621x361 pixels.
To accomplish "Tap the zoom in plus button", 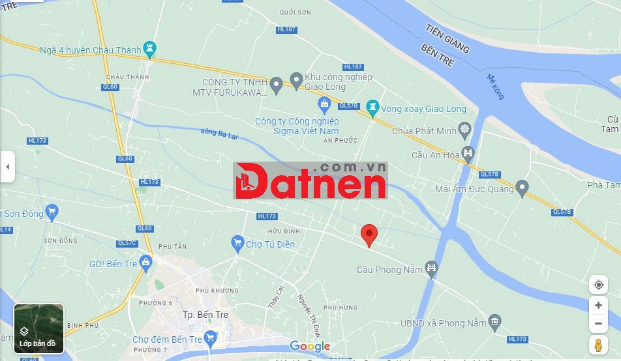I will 598,305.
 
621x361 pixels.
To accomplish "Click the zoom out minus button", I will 598,324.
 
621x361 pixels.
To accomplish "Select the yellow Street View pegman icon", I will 598,345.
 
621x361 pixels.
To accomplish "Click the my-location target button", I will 598,285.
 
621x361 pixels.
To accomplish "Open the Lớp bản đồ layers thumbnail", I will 38,328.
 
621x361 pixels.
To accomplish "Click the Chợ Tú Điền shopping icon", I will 237,244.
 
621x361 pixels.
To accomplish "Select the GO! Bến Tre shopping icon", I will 145,263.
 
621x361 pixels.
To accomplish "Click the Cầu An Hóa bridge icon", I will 467,154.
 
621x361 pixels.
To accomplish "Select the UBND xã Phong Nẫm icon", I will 495,321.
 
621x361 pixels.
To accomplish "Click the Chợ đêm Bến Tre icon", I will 210,338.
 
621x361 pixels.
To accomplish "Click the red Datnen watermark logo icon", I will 247,181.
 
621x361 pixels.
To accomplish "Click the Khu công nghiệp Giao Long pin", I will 296,81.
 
